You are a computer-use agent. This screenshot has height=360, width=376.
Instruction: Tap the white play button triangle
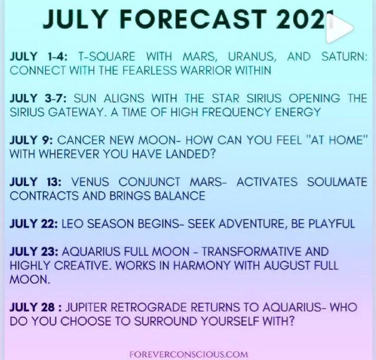click(x=339, y=28)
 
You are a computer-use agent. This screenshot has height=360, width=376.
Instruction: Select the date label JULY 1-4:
click(x=39, y=57)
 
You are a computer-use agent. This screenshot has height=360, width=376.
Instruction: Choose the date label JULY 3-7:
click(x=38, y=98)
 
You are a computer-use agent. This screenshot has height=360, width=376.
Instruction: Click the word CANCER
click(x=81, y=140)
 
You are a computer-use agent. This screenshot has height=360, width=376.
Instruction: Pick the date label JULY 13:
click(x=36, y=182)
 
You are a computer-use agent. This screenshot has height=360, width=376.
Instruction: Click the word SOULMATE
click(x=337, y=182)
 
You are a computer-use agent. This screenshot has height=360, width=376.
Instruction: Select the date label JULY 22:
click(x=34, y=224)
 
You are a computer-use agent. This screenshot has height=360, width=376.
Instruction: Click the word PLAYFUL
click(x=332, y=224)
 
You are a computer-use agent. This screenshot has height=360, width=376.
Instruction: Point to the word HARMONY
click(x=201, y=265)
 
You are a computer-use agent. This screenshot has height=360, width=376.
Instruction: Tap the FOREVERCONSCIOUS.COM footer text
click(x=188, y=354)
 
